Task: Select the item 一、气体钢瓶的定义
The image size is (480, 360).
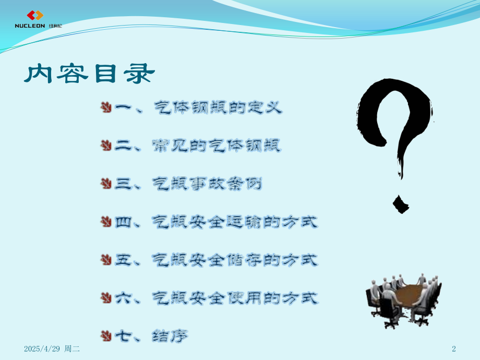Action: (198, 109)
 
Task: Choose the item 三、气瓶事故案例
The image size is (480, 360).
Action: (188, 184)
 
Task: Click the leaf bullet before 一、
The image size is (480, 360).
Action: (106, 107)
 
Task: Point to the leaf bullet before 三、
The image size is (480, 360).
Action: (106, 184)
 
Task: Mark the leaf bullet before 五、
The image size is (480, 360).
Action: (106, 259)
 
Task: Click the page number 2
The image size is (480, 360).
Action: (453, 349)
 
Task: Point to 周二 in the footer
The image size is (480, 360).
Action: (72, 349)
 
